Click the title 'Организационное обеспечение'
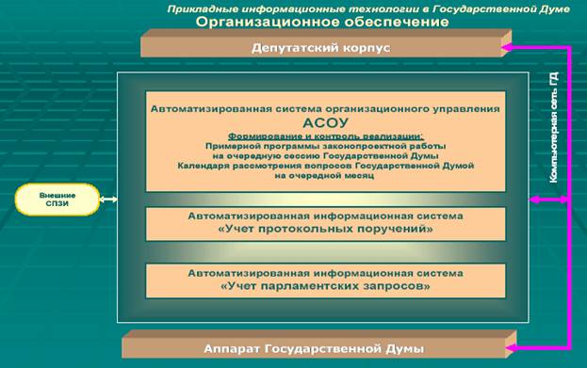point(321,22)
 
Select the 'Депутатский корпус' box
point(321,45)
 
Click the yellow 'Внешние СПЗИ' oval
point(58,200)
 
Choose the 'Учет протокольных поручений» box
point(325,222)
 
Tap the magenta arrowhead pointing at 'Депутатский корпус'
point(508,46)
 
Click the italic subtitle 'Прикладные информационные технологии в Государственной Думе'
point(320,8)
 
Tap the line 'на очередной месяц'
point(325,175)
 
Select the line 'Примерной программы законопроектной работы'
point(325,147)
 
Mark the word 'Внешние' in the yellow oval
point(58,195)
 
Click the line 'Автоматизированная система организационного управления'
point(325,109)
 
